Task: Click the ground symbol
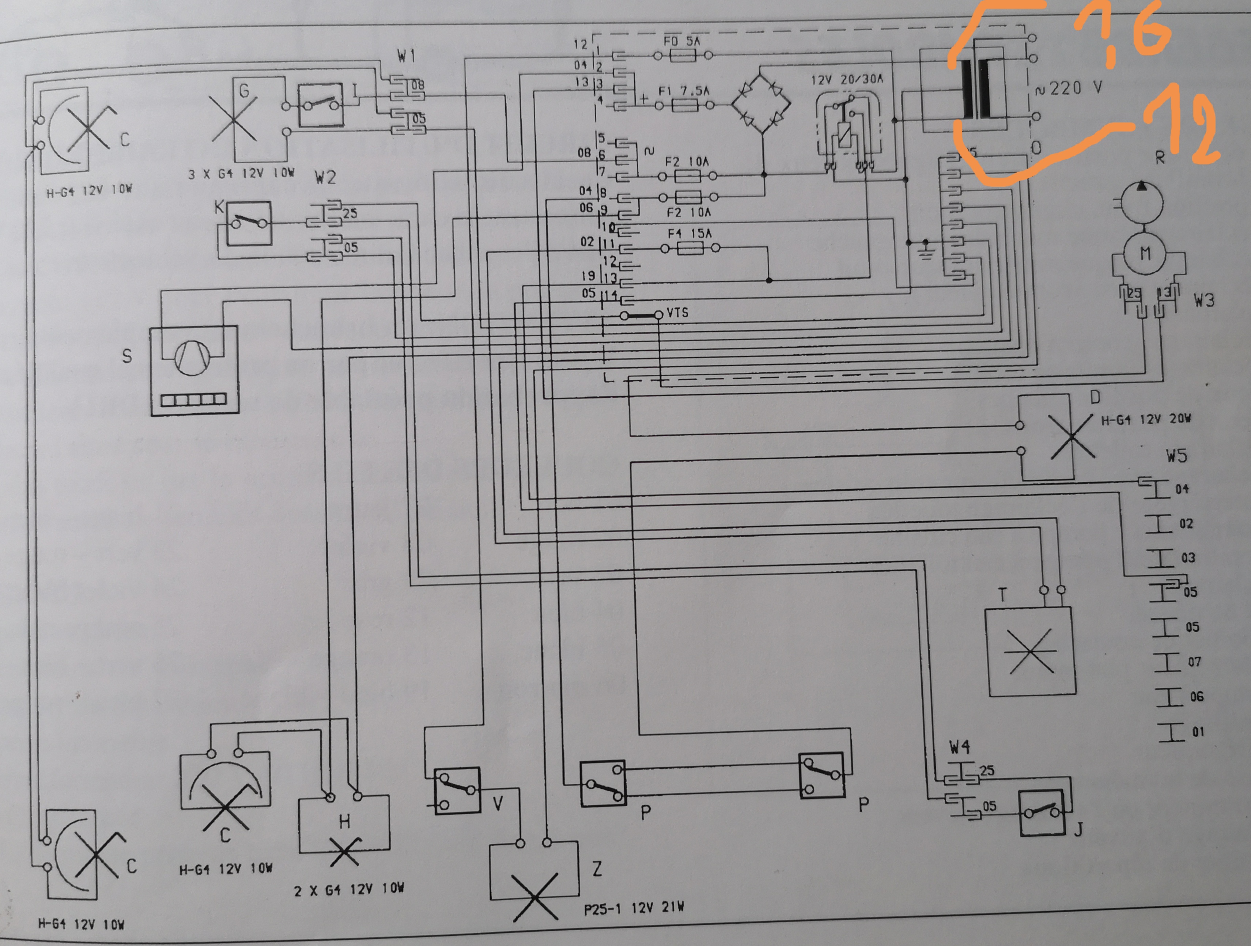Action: tap(926, 249)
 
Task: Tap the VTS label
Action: tap(677, 313)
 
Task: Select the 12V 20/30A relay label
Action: tap(847, 80)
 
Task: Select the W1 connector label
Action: tap(406, 56)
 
